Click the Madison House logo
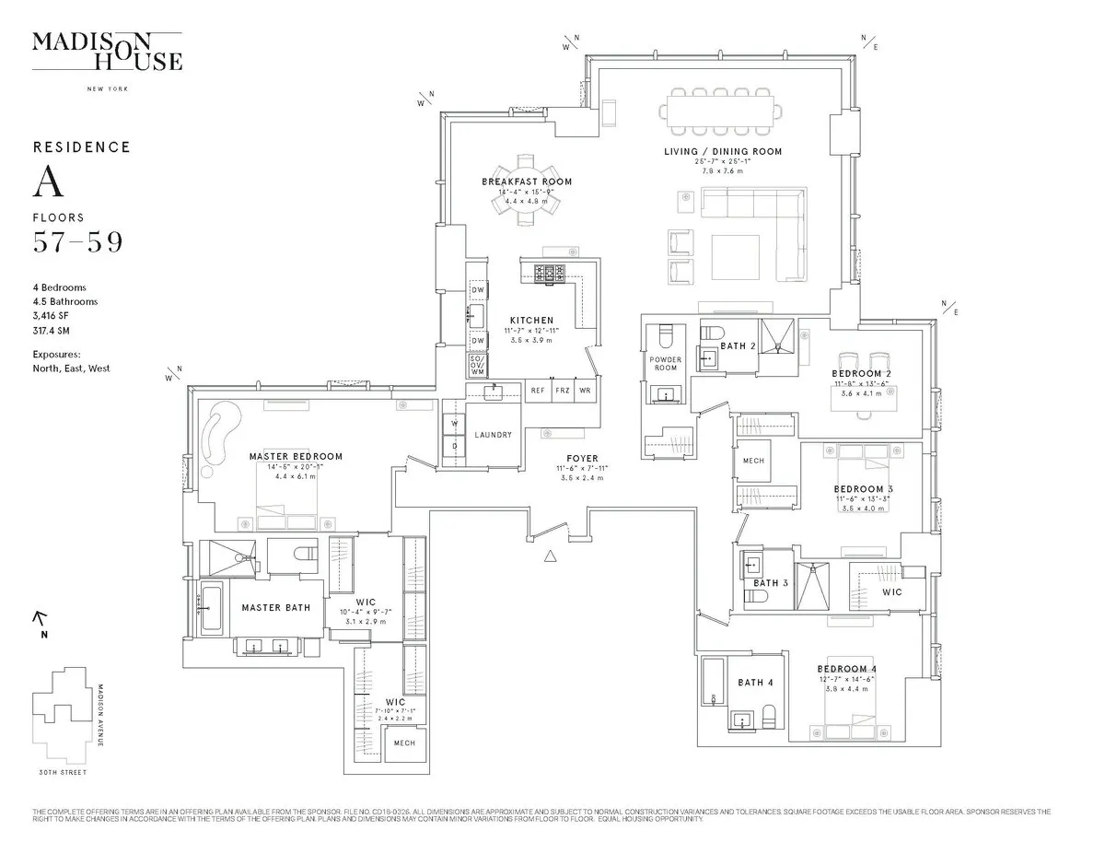pyautogui.click(x=107, y=52)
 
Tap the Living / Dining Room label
pyautogui.click(x=723, y=151)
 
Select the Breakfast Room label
pyautogui.click(x=527, y=181)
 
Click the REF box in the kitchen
pyautogui.click(x=538, y=391)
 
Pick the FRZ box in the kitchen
pyautogui.click(x=563, y=391)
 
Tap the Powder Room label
pyautogui.click(x=665, y=363)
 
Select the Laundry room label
pyautogui.click(x=493, y=435)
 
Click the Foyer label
pyautogui.click(x=582, y=458)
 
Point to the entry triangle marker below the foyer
pyautogui.click(x=551, y=556)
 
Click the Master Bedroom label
pyautogui.click(x=296, y=456)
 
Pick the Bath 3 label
pyautogui.click(x=771, y=583)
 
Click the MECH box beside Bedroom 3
pyautogui.click(x=753, y=461)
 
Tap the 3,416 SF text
pyautogui.click(x=52, y=315)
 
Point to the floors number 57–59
pyautogui.click(x=77, y=243)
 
